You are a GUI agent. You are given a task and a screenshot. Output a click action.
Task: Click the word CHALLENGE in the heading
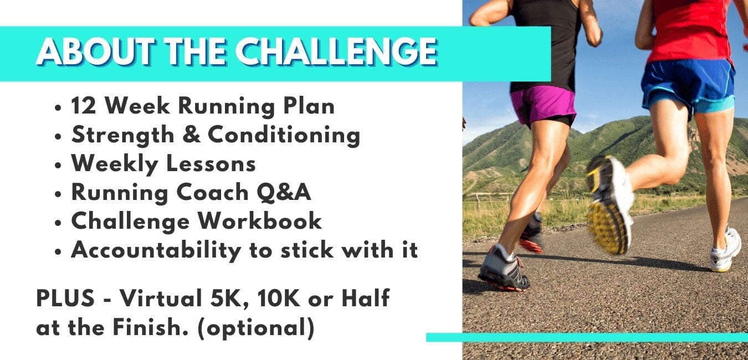[x=336, y=52]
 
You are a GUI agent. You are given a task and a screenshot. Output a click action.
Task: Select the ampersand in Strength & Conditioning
[x=192, y=135]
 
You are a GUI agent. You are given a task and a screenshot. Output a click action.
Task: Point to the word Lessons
[x=211, y=163]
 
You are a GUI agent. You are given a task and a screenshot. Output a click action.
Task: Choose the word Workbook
[x=259, y=221]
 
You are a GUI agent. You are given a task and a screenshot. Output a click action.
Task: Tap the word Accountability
[x=156, y=250]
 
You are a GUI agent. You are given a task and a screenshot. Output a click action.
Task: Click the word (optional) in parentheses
[x=256, y=328]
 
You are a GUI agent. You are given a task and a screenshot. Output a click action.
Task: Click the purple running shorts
[x=544, y=105]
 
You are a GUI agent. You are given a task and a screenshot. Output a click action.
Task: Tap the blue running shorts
[x=688, y=88]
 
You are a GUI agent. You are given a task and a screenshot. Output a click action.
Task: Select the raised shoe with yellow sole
[x=610, y=205]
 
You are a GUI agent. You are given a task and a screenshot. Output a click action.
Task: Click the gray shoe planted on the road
[x=504, y=268]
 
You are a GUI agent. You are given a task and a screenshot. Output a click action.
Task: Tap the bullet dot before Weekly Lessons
[x=58, y=165]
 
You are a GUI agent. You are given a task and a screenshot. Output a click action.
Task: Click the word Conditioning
[x=284, y=136]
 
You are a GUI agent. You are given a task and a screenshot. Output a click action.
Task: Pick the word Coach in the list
[x=212, y=193]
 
